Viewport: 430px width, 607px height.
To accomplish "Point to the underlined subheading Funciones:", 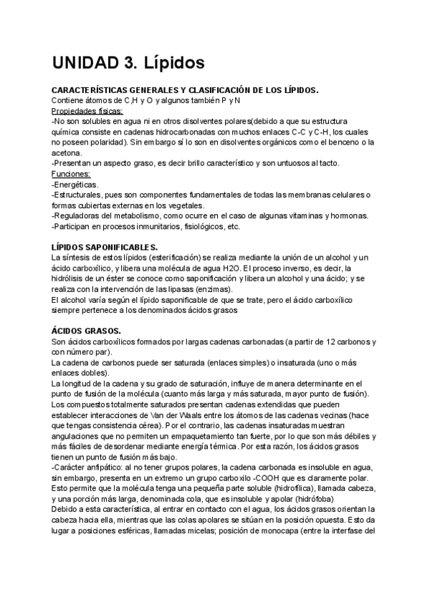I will coord(72,174).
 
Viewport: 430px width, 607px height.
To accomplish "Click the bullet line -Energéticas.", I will coord(75,185).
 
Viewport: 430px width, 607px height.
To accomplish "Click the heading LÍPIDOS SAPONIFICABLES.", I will coord(104,247).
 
